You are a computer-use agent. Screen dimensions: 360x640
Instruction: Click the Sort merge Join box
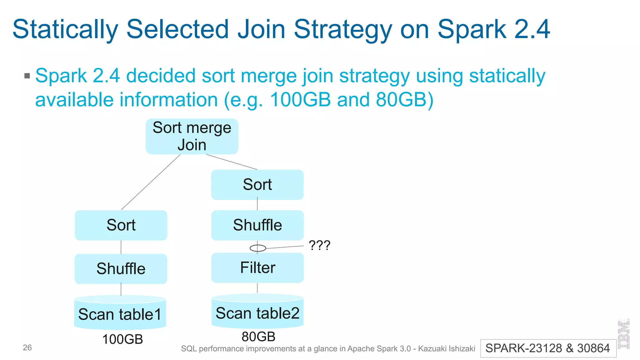[192, 136]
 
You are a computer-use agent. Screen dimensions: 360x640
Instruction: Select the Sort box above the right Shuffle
[257, 185]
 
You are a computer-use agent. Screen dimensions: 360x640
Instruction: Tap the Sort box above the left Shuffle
[121, 225]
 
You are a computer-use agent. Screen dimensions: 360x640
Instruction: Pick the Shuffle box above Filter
[257, 225]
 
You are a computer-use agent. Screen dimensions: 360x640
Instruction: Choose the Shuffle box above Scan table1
[121, 269]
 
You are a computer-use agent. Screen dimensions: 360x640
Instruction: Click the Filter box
[257, 268]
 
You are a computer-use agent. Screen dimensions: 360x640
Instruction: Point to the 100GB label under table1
[122, 339]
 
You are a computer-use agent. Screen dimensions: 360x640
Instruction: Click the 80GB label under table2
[258, 337]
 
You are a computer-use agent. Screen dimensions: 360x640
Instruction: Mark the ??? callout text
[319, 245]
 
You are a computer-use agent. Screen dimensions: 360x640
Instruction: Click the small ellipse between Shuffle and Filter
[258, 248]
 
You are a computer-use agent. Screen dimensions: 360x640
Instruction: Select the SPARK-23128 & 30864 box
[548, 348]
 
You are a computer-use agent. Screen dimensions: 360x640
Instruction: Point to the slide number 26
[27, 347]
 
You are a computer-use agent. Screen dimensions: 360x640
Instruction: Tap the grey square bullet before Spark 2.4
[27, 76]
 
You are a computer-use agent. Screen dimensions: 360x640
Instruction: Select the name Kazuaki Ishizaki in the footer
[447, 349]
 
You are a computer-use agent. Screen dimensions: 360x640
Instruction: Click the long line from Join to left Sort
[151, 182]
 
